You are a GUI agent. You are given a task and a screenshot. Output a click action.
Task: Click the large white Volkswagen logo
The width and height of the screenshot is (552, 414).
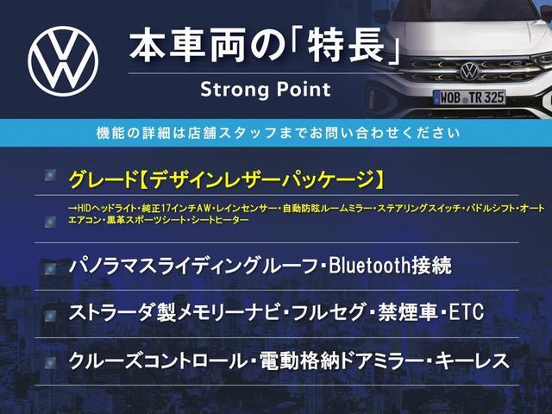63,61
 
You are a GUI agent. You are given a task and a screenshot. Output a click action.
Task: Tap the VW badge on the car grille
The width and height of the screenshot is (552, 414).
469,71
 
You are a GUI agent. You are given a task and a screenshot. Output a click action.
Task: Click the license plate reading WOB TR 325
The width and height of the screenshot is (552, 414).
469,97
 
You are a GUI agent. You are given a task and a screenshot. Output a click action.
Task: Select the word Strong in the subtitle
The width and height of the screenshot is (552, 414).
233,90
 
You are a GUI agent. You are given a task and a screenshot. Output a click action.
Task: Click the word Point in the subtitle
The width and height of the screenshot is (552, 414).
304,89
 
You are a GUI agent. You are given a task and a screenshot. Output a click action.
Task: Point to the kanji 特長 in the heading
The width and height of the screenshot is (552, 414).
346,47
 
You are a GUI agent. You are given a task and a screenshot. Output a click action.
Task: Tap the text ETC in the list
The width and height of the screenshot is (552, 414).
466,312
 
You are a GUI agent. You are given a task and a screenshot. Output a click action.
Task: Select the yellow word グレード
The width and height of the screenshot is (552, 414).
103,179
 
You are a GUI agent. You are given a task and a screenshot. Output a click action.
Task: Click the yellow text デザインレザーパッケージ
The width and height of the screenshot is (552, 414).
260,179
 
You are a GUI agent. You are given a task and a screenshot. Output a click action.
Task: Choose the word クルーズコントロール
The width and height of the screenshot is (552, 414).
157,361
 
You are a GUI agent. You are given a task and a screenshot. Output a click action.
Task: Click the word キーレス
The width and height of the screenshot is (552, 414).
473,361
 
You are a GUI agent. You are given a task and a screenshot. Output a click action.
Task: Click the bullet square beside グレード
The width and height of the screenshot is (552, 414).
50,175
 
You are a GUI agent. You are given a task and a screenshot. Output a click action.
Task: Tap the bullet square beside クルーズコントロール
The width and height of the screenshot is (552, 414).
50,363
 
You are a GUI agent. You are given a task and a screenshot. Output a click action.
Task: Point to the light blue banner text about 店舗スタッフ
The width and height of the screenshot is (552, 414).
278,133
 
